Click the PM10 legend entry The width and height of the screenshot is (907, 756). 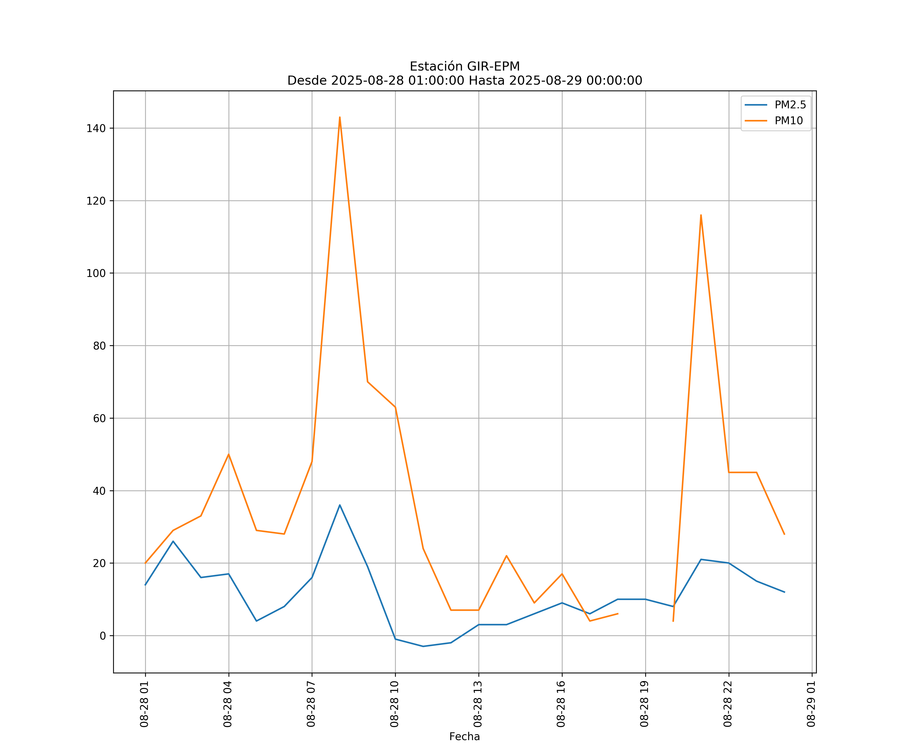click(x=788, y=121)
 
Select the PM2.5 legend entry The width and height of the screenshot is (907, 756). click(x=790, y=105)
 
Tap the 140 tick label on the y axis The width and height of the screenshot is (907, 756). click(x=96, y=128)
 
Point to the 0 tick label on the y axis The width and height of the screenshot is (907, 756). click(x=103, y=636)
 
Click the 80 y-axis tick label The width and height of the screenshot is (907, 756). click(x=99, y=346)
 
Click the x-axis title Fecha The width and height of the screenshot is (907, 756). click(x=464, y=737)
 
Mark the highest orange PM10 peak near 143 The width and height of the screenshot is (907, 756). click(x=340, y=117)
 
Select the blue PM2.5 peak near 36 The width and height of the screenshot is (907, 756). click(x=340, y=505)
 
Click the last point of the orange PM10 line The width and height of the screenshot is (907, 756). click(x=784, y=534)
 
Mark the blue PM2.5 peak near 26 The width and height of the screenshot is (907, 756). click(x=173, y=541)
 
